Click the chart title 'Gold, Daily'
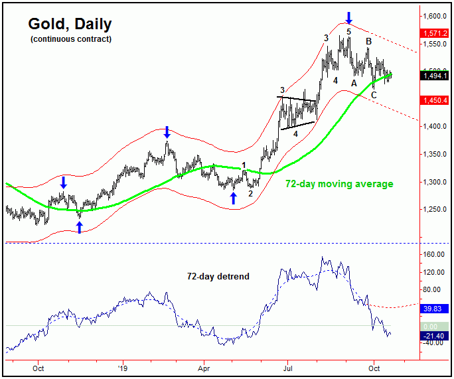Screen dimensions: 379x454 click(x=70, y=25)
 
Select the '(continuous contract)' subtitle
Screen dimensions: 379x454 click(x=70, y=40)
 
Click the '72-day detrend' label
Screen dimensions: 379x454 click(x=218, y=276)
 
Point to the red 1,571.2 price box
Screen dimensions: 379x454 click(x=435, y=33)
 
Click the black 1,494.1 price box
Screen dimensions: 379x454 click(x=435, y=76)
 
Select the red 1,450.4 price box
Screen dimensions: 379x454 click(x=435, y=100)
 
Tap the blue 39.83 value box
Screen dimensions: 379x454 click(x=435, y=308)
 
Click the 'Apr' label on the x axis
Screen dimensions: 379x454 click(x=204, y=367)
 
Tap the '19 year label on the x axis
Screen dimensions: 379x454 click(x=121, y=367)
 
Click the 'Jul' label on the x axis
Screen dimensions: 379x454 click(x=287, y=367)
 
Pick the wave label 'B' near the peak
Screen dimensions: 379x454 click(x=368, y=41)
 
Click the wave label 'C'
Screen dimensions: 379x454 click(x=374, y=96)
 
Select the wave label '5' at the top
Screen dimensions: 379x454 click(x=348, y=31)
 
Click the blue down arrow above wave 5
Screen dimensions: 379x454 click(x=349, y=17)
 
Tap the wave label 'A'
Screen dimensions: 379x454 click(x=354, y=83)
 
